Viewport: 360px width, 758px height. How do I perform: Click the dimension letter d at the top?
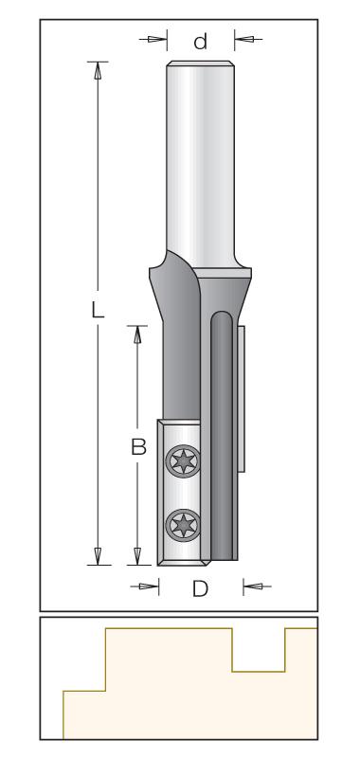(201, 42)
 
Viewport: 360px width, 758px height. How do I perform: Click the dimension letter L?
(99, 309)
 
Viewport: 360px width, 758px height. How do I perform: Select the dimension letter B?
(138, 447)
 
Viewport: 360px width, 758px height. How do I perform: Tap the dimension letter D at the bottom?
(200, 588)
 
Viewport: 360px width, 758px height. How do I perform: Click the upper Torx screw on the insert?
(183, 461)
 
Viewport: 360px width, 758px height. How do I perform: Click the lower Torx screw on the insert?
(183, 526)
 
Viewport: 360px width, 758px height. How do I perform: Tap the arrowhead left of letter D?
(149, 587)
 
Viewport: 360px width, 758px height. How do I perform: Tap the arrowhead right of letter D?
(253, 587)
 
